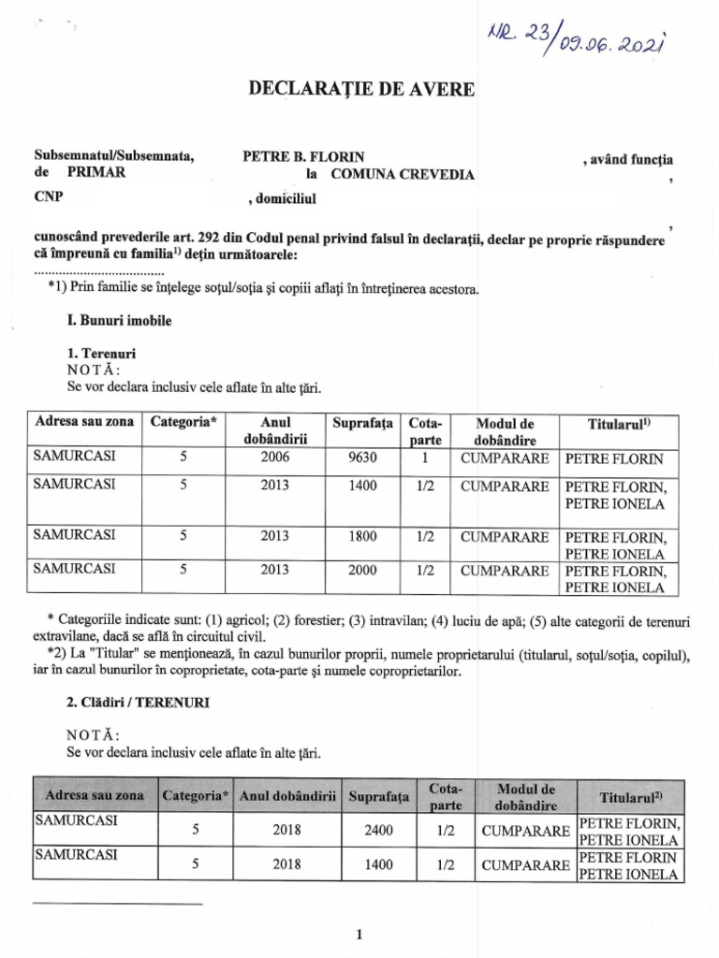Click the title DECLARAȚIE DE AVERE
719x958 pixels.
pos(360,89)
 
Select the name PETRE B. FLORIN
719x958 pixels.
pos(303,156)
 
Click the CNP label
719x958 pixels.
pos(48,197)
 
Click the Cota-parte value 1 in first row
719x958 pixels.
pos(425,458)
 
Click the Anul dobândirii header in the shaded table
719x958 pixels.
pos(288,797)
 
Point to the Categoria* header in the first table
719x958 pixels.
pos(183,422)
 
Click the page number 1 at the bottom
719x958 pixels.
pos(359,934)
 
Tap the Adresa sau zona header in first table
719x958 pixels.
pos(84,422)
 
